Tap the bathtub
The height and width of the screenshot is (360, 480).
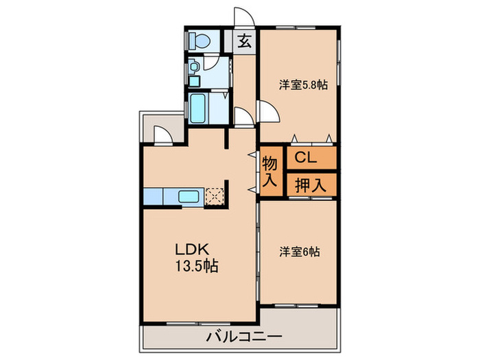pyautogui.click(x=199, y=107)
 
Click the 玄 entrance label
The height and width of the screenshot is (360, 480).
pyautogui.click(x=244, y=40)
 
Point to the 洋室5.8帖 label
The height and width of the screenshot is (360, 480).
pyautogui.click(x=302, y=86)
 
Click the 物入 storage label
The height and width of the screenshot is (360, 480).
pyautogui.click(x=270, y=172)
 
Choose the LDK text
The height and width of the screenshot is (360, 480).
pyautogui.click(x=191, y=250)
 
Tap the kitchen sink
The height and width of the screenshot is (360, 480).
pyautogui.click(x=189, y=197)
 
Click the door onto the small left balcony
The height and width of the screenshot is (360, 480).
pyautogui.click(x=163, y=134)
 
